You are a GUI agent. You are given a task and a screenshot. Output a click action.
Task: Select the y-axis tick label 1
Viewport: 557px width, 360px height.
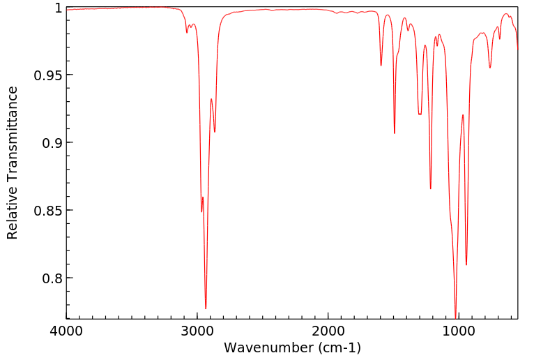57,8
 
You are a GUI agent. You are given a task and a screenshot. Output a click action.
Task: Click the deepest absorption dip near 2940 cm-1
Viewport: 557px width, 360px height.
206,308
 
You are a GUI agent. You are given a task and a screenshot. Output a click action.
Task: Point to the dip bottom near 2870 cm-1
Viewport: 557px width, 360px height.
215,132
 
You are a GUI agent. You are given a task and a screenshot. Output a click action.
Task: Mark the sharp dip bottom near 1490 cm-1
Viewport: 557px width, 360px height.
395,133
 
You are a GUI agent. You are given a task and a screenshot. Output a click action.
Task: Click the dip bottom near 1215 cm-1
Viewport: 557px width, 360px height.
431,188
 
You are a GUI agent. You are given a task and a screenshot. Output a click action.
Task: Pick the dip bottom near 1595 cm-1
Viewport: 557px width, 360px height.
381,66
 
